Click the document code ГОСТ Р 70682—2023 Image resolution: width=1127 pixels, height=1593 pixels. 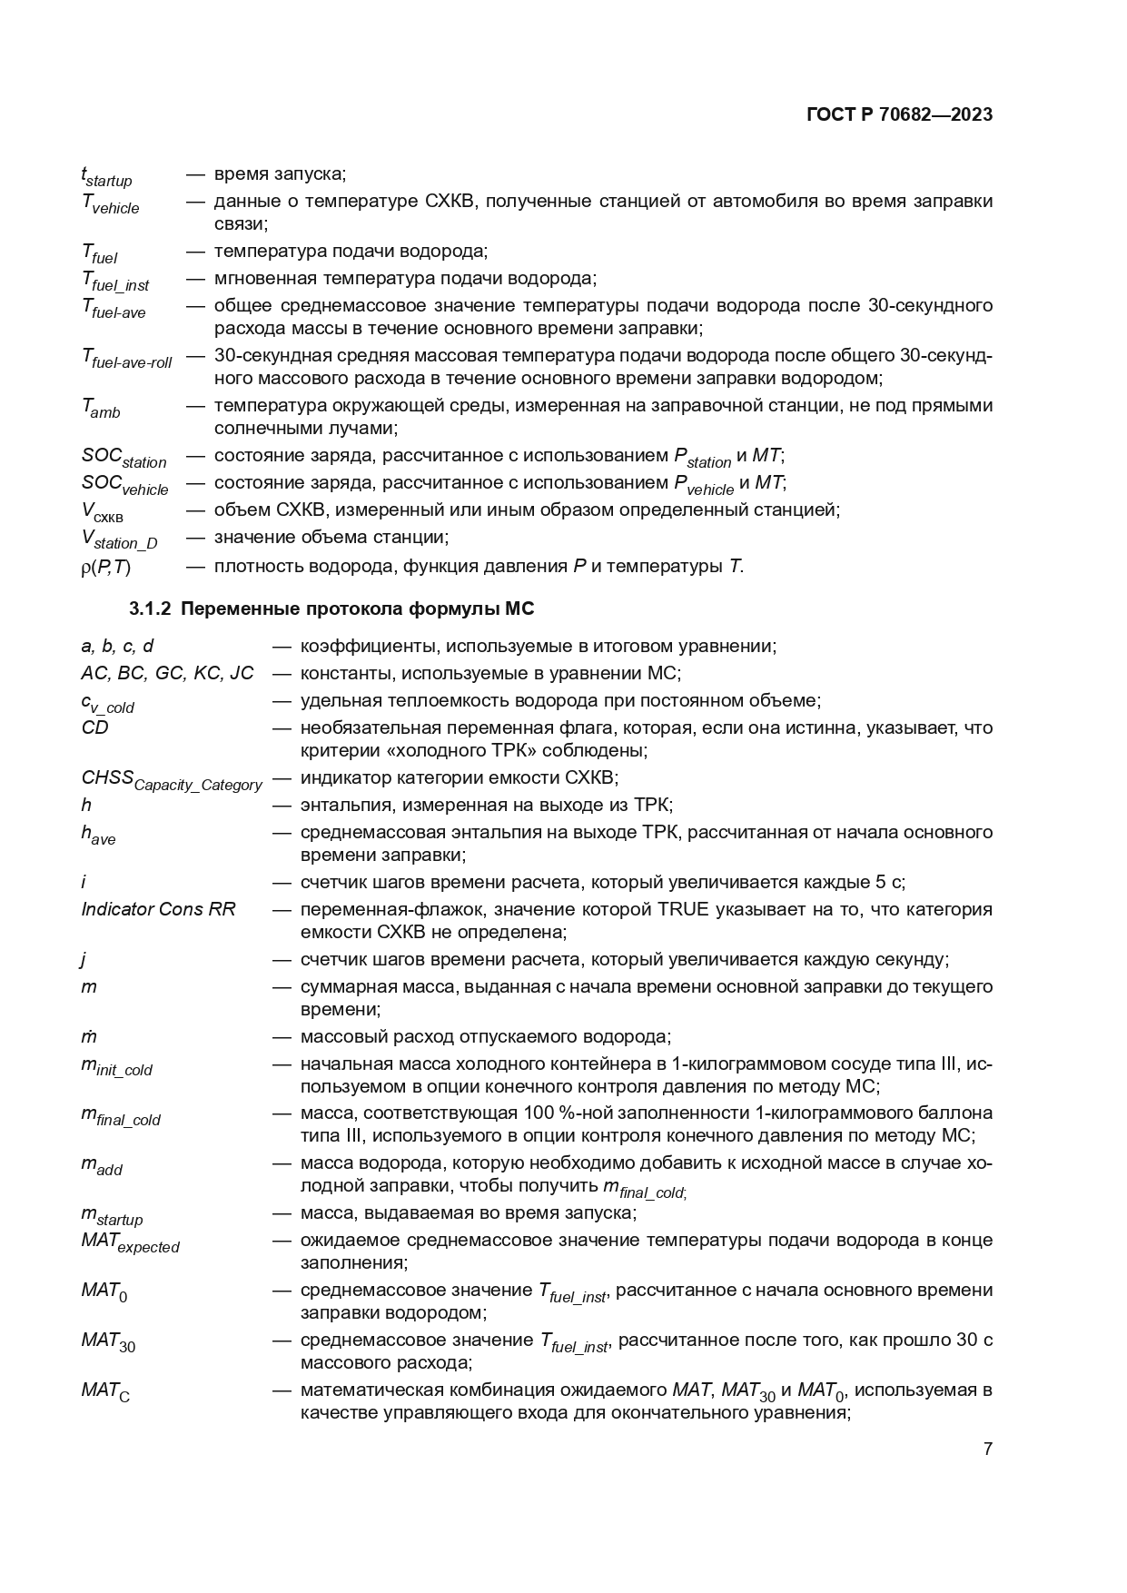(898, 114)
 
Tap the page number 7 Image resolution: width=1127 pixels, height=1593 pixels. (987, 1449)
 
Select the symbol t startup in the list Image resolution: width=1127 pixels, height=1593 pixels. (106, 176)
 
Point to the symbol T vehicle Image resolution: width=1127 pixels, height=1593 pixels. (111, 203)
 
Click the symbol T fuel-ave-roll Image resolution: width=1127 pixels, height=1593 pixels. (126, 359)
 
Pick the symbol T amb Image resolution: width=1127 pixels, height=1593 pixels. (101, 409)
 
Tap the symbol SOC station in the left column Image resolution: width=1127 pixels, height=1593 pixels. (124, 458)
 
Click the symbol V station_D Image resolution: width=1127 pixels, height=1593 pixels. (119, 539)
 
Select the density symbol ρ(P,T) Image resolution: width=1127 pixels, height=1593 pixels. (106, 567)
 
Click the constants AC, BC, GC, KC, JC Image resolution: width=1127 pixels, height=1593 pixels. (167, 673)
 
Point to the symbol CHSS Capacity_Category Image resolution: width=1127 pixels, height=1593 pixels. (172, 780)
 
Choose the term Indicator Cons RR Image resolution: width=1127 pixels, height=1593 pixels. (158, 909)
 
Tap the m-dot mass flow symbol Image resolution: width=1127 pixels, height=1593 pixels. (89, 1036)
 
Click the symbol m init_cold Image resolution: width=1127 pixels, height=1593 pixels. (116, 1066)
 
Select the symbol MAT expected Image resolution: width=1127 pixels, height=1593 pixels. (130, 1242)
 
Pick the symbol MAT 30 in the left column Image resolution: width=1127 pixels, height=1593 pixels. (108, 1342)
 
